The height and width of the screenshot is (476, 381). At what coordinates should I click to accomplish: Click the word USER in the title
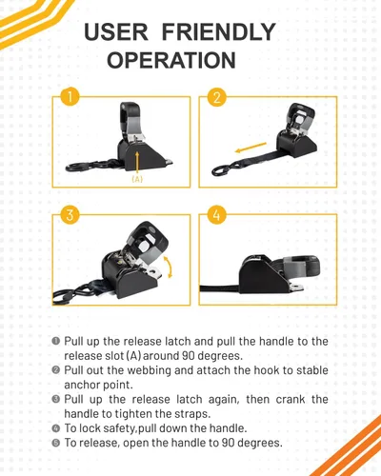[x=116, y=31]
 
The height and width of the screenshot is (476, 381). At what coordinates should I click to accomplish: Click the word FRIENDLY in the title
[x=218, y=31]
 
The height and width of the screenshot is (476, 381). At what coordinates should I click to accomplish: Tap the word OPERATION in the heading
[x=171, y=60]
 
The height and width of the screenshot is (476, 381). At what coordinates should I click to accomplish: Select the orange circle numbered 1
[x=70, y=96]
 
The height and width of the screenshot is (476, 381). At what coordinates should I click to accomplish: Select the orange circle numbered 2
[x=217, y=96]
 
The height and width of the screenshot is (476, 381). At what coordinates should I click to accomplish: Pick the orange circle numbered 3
[x=70, y=214]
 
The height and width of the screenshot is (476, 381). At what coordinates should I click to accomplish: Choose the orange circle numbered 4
[x=216, y=214]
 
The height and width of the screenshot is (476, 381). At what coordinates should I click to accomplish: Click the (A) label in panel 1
[x=137, y=179]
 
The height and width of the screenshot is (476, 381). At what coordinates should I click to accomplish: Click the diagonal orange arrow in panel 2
[x=251, y=148]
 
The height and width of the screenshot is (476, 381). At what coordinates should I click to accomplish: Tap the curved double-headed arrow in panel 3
[x=169, y=268]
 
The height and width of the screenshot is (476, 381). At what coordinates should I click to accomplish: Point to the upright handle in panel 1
[x=131, y=122]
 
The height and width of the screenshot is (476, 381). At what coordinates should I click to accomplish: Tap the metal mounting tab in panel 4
[x=296, y=288]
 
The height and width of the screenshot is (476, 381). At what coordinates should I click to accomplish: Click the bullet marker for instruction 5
[x=55, y=443]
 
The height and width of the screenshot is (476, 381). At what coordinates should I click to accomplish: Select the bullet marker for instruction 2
[x=55, y=370]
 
